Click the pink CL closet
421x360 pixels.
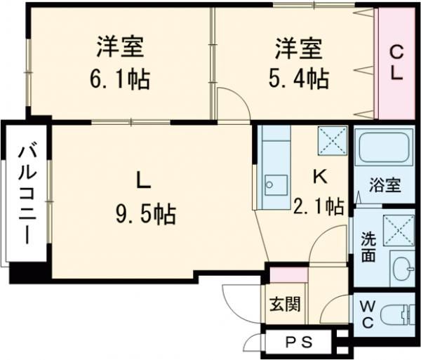[396, 63]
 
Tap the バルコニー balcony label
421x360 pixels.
[27, 193]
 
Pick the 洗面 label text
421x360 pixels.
[368, 246]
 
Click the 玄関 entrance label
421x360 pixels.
[286, 304]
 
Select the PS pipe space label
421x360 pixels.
[300, 342]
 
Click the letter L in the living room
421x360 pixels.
[142, 180]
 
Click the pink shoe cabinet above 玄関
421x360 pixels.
[285, 275]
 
